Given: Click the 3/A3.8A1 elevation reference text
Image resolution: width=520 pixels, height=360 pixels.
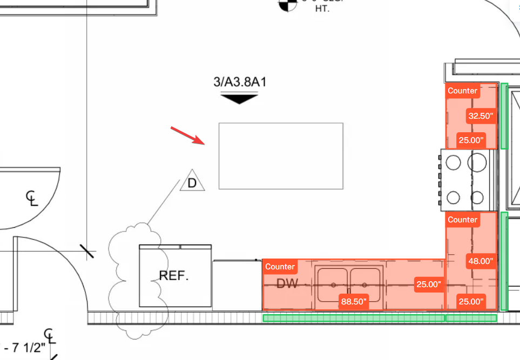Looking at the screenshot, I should pos(240,83).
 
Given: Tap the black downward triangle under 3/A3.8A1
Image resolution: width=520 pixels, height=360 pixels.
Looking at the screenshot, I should pos(239,99).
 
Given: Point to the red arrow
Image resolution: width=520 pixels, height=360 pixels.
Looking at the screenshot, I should pos(187,135).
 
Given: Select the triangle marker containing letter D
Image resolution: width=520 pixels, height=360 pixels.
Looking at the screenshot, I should pos(192,182).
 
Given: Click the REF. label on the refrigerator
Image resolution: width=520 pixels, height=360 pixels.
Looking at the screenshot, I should pos(174,276).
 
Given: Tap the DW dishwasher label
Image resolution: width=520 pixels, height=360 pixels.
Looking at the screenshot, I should pos(287,283).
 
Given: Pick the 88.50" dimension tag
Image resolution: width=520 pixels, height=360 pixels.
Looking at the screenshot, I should pos(354,301).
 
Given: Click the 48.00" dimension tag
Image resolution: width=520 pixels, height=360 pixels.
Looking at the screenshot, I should pos(481,261).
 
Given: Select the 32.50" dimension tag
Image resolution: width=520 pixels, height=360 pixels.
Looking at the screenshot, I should pos(481,116).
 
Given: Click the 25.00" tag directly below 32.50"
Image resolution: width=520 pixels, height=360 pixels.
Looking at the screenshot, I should pos(470,140).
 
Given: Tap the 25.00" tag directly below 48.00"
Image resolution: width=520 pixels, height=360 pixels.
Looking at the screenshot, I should pos(470,301).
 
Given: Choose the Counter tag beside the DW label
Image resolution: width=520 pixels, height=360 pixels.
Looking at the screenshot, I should pos(280,267).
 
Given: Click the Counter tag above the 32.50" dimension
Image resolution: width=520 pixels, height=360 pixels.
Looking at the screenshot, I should pos(463,91).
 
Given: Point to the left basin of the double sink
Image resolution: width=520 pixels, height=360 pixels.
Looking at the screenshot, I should pos(333,284).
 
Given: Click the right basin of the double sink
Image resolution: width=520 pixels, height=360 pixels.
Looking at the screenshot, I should pos(366,284).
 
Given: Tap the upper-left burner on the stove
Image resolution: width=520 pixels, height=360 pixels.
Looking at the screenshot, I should pos(454,161).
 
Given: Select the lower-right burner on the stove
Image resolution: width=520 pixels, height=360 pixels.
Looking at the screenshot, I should pos(477,197).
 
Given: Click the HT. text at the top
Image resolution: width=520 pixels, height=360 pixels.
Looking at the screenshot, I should pos(322,9).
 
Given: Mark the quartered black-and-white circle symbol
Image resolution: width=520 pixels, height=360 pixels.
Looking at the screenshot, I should pos(287,4).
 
